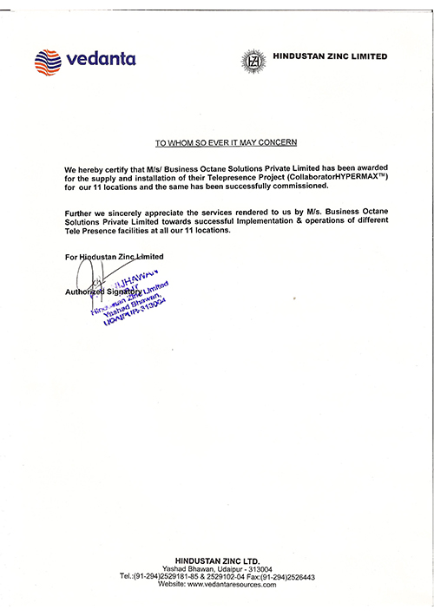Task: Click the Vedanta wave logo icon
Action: tap(49, 62)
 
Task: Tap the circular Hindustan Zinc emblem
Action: tap(253, 61)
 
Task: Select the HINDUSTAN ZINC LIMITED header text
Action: tap(330, 57)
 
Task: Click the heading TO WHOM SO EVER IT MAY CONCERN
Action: tap(225, 141)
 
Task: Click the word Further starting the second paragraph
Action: tap(81, 213)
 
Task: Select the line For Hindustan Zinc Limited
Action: tap(114, 258)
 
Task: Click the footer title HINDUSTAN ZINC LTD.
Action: tap(216, 561)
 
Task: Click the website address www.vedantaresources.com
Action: tap(232, 585)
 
